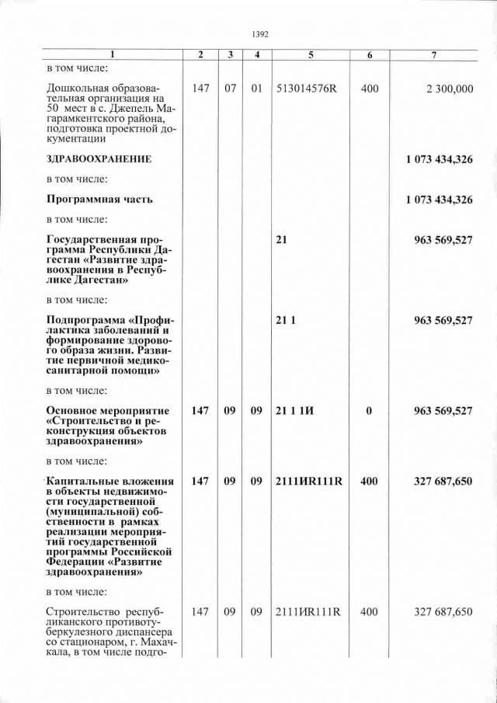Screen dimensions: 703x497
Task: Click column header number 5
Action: coord(310,56)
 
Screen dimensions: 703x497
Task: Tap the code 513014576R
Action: coord(307,89)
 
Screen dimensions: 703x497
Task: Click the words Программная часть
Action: coord(99,199)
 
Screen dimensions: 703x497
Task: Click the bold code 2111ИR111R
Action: coord(308,482)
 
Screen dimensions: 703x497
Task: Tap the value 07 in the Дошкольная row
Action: coord(231,89)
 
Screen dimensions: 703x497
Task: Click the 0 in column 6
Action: coord(370,411)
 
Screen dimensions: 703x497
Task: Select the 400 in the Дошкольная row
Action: coord(370,89)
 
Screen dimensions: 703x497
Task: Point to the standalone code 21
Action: coord(281,239)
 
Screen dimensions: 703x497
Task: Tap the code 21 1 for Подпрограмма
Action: coord(286,320)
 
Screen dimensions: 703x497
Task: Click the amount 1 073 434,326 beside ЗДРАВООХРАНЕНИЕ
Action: coord(439,158)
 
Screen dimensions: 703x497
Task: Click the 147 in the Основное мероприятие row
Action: coord(200,411)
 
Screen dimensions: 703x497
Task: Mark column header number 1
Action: coord(112,56)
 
